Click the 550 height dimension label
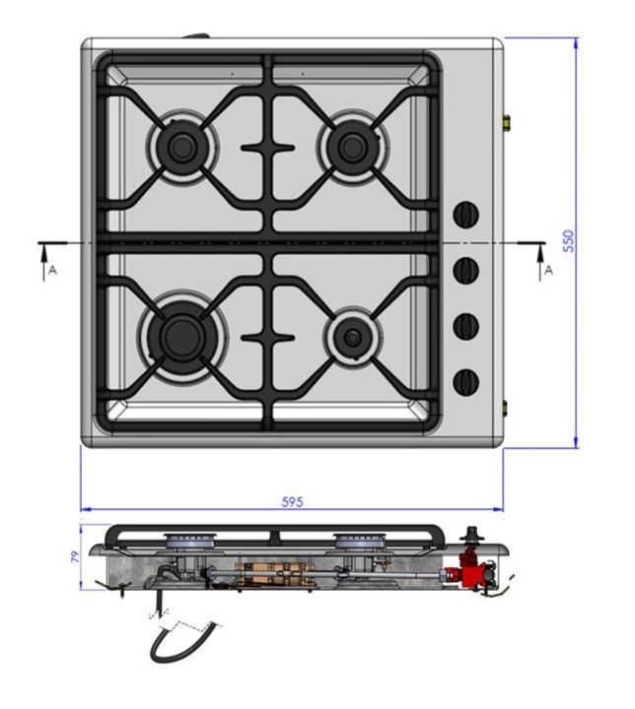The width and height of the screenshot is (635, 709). pos(569,241)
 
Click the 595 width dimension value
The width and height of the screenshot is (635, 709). pos(292,502)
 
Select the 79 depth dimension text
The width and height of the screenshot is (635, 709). pos(75,556)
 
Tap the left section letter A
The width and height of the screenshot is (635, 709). pos(53,270)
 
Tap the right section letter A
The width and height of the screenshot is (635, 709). pos(549,270)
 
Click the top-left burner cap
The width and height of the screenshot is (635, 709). pos(182,146)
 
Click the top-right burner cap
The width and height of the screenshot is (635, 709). pos(352,146)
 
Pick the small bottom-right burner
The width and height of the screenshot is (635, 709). pos(352,337)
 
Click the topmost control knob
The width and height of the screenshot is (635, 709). pos(466,215)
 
